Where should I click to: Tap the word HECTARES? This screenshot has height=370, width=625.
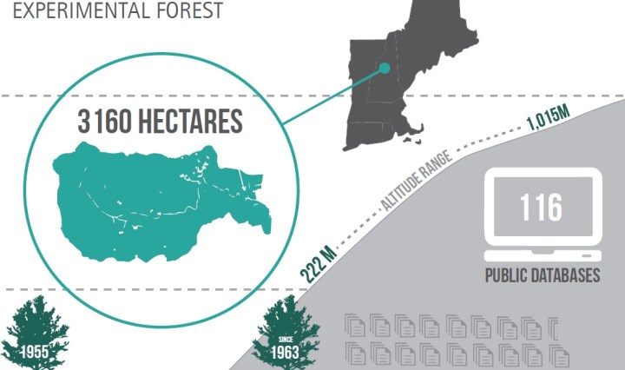click(186, 122)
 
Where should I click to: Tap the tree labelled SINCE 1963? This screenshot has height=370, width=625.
click(286, 332)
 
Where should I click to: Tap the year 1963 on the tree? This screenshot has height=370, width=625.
click(286, 353)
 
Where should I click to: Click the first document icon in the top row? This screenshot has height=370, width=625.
click(355, 326)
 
